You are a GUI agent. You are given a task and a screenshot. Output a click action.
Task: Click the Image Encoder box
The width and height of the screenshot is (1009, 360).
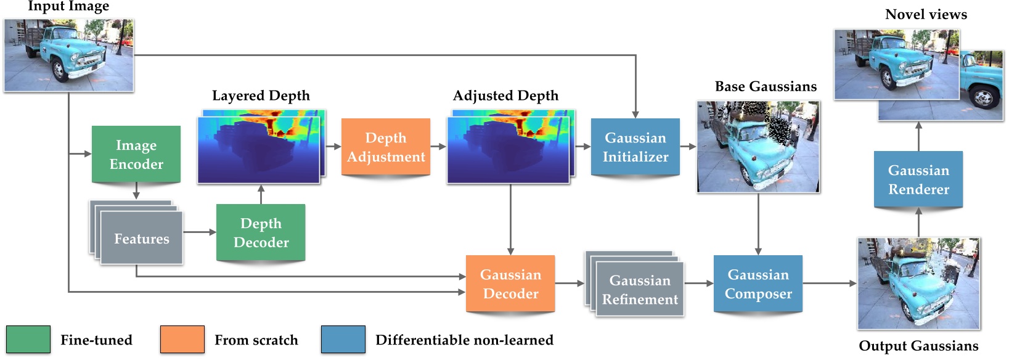[x=136, y=154]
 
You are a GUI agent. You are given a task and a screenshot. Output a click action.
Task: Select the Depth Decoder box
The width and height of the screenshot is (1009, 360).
[x=261, y=232]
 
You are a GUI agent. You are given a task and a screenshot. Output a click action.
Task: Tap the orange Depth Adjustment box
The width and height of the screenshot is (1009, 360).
[x=386, y=147]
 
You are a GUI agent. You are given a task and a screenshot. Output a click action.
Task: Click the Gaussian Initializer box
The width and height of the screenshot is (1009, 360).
[x=635, y=147]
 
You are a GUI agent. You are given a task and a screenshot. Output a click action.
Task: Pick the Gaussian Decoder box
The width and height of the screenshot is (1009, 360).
[x=510, y=284]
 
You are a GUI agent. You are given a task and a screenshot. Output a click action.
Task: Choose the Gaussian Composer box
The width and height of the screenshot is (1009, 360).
[x=758, y=284]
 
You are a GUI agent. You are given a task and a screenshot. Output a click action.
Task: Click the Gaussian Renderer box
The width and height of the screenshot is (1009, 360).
[x=918, y=179]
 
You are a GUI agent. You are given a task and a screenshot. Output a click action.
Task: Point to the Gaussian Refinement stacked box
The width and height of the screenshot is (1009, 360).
[x=639, y=289]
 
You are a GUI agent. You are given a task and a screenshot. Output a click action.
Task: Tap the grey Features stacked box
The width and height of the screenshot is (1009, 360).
[x=141, y=239]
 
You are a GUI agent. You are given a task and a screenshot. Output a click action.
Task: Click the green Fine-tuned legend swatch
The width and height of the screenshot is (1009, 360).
[x=28, y=340]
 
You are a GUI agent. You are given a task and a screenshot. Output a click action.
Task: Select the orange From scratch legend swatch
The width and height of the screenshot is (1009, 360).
[x=182, y=340]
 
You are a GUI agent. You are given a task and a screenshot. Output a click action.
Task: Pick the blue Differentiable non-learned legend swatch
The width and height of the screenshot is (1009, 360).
[x=343, y=340]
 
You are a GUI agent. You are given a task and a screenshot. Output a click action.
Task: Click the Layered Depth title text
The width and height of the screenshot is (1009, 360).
[x=261, y=96]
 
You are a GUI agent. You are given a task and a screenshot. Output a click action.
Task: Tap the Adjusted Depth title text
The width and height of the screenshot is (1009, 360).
[x=505, y=96]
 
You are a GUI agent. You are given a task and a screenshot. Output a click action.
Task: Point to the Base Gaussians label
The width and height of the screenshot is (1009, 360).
[x=766, y=86]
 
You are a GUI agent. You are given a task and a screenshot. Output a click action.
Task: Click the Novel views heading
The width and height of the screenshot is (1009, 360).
[x=926, y=14]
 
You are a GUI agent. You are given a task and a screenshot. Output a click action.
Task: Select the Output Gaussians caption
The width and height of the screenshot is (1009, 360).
[x=918, y=346]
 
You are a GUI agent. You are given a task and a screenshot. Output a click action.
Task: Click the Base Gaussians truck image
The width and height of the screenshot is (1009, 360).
[x=758, y=147]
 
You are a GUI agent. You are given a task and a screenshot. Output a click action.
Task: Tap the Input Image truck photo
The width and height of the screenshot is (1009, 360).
[x=68, y=55]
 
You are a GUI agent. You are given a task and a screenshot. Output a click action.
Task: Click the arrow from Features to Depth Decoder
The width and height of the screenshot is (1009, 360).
[x=200, y=232]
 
